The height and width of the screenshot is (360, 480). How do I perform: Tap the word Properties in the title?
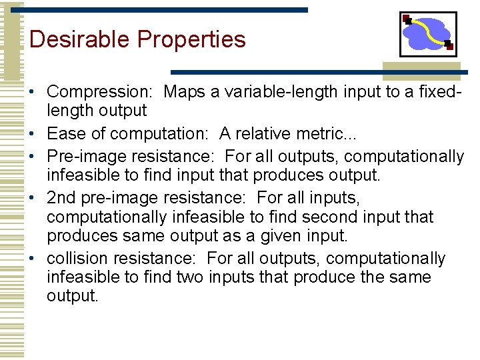(191, 40)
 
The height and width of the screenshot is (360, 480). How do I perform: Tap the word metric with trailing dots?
(325, 133)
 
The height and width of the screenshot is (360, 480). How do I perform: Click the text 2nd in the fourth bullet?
(61, 198)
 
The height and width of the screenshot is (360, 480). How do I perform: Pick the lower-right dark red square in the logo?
(449, 47)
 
